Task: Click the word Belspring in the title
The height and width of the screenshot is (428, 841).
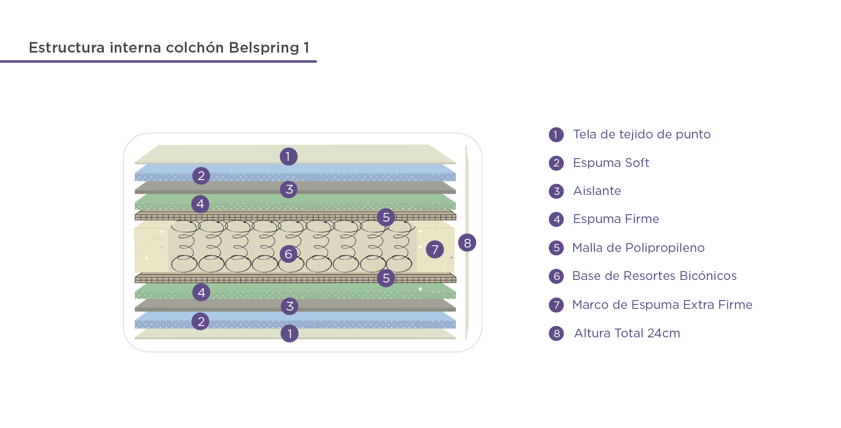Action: point(264,48)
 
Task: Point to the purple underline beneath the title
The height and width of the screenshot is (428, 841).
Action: point(158,61)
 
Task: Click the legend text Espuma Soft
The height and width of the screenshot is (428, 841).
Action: point(611,163)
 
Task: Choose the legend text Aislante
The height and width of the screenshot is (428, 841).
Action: point(597,191)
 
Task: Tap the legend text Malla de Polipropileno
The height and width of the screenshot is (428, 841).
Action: point(638,248)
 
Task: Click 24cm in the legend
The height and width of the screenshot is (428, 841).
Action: point(664,333)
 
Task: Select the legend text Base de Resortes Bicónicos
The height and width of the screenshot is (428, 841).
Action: point(654,276)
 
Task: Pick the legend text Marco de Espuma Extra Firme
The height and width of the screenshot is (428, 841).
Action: point(662,305)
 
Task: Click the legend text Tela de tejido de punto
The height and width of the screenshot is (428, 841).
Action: point(642,134)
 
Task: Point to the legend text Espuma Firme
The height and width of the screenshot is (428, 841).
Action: point(616,219)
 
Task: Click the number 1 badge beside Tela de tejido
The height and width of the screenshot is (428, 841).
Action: point(556,134)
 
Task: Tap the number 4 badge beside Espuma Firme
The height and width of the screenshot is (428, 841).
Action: point(556,219)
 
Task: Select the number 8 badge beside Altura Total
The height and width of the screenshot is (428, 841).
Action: point(556,333)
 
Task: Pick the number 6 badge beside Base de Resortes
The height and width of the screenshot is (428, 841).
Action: point(556,276)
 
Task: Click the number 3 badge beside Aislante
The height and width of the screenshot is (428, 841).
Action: point(556,191)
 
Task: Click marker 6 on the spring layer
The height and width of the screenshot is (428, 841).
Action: point(289,254)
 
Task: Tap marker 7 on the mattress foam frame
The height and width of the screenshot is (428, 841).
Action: point(435,249)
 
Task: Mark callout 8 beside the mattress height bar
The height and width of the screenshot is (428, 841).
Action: point(467,243)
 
